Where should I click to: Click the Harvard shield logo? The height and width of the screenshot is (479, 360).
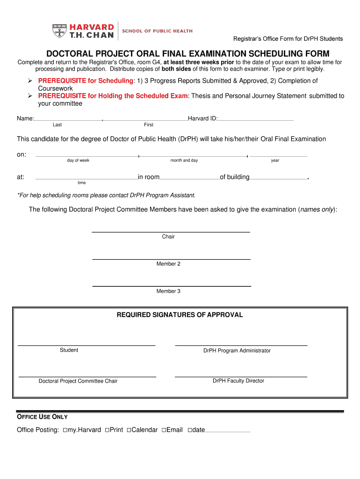pyautogui.click(x=59, y=30)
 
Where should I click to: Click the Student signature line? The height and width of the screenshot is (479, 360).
pyautogui.click(x=86, y=344)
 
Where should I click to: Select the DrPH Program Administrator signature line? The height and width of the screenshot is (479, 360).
pyautogui.click(x=241, y=344)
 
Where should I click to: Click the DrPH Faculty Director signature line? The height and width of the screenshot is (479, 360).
pyautogui.click(x=241, y=376)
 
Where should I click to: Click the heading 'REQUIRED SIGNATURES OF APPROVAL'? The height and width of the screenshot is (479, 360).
pyautogui.click(x=180, y=315)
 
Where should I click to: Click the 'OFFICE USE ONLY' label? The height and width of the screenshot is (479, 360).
pyautogui.click(x=42, y=417)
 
